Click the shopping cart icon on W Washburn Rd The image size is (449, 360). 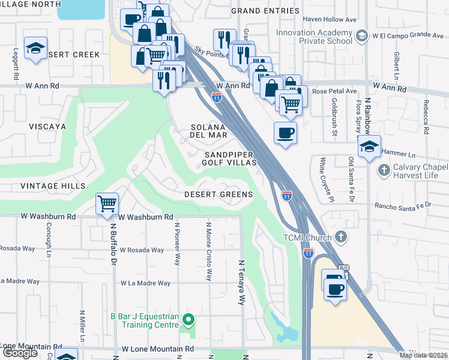[x=107, y=204]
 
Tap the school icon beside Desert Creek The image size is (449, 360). [x=35, y=49]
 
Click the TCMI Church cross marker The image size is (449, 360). [x=341, y=238]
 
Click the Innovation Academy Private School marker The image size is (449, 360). [x=361, y=37]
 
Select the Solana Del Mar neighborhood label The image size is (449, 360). [x=209, y=131]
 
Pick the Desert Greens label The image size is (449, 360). [x=218, y=195]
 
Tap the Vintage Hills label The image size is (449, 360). [x=53, y=186]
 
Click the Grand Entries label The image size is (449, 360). [x=265, y=11]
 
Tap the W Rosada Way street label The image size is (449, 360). [x=142, y=250]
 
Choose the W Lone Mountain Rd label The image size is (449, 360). [x=158, y=349]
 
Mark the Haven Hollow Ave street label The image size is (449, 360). [x=330, y=19]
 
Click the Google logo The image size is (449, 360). [x=20, y=353]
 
